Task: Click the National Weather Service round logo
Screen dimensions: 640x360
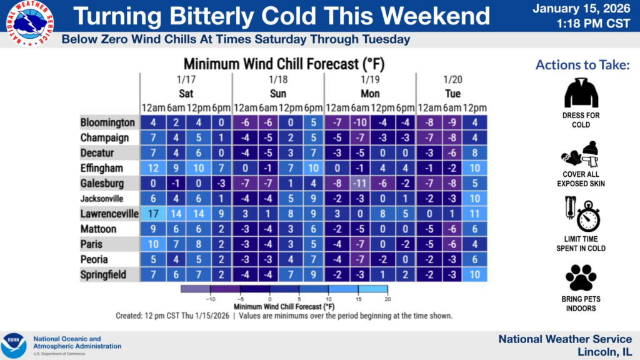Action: [x=30, y=23]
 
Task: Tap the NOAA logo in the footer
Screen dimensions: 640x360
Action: [x=14, y=346]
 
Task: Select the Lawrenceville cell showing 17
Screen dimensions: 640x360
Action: [x=153, y=214]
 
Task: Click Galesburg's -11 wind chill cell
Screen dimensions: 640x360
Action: [x=359, y=183]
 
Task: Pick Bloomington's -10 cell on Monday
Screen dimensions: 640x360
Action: [x=359, y=122]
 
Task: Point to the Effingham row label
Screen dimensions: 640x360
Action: [x=102, y=168]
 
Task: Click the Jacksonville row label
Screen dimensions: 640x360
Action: [x=102, y=199]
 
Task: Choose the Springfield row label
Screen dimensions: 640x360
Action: [x=103, y=275]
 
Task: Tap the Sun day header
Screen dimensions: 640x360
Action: [x=278, y=94]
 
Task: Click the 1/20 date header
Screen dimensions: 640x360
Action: [x=452, y=79]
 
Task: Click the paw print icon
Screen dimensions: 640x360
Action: [x=581, y=277]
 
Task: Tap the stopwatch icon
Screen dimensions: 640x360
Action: [x=588, y=216]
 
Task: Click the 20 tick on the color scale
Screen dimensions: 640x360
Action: [x=387, y=299]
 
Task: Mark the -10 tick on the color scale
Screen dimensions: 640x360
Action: [x=210, y=299]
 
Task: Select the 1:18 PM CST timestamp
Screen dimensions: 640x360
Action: [x=594, y=24]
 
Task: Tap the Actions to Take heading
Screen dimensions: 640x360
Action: [x=582, y=65]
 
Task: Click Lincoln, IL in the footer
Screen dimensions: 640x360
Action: [x=604, y=352]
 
